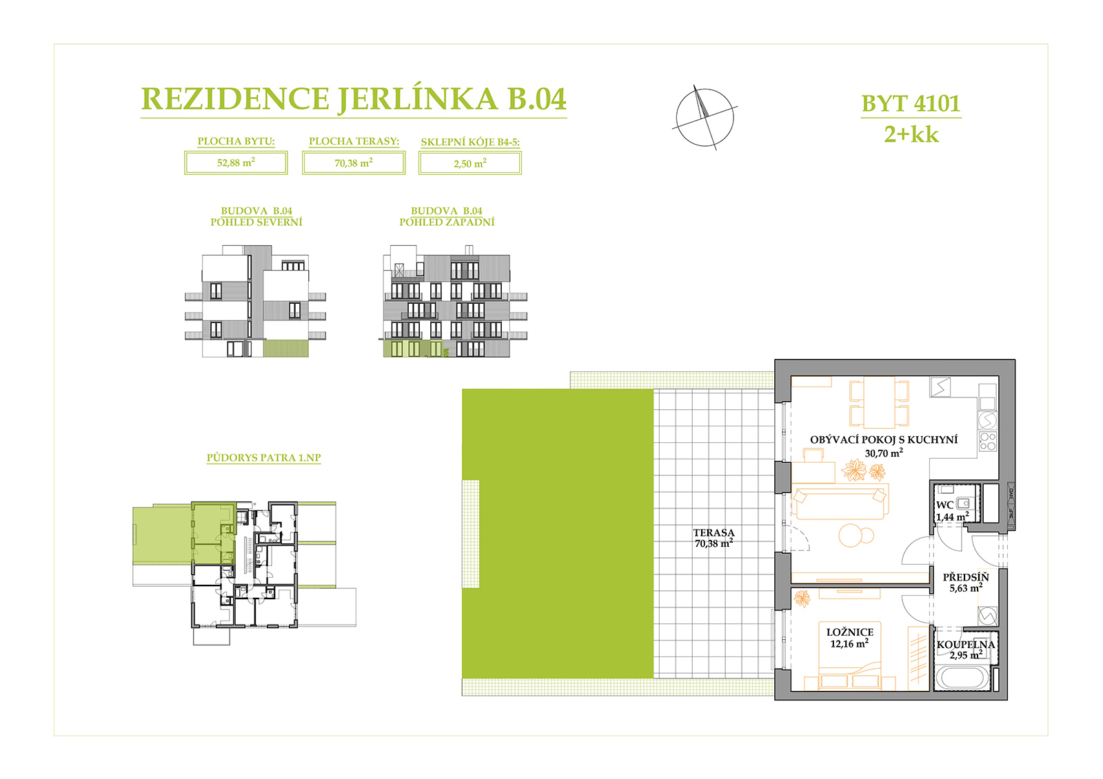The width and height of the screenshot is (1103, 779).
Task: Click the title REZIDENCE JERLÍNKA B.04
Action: (x=354, y=100)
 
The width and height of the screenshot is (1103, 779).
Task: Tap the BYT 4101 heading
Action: (x=911, y=103)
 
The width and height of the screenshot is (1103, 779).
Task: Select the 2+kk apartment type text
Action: (x=911, y=134)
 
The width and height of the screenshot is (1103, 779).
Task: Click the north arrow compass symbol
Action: (x=705, y=118)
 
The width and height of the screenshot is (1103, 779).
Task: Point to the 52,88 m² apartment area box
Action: (x=236, y=163)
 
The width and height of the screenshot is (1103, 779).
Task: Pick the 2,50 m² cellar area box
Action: (x=470, y=163)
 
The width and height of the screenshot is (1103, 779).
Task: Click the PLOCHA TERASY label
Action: (x=354, y=141)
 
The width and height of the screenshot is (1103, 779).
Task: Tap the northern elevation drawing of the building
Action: (x=255, y=301)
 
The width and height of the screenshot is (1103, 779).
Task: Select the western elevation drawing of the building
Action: (x=455, y=301)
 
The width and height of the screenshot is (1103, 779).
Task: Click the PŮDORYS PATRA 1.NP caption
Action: (x=263, y=457)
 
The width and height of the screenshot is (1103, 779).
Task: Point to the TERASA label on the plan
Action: (x=714, y=532)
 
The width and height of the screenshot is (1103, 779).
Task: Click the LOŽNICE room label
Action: (x=850, y=632)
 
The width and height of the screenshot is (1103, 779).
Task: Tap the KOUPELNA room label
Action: (x=966, y=645)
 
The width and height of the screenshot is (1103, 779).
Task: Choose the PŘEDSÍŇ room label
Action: (x=966, y=577)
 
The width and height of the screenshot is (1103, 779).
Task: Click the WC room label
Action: (x=944, y=506)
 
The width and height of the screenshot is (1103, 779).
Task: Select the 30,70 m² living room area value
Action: (x=884, y=453)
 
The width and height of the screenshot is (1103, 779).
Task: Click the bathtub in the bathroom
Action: (x=962, y=678)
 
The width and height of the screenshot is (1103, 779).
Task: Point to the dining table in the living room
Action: (x=880, y=402)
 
